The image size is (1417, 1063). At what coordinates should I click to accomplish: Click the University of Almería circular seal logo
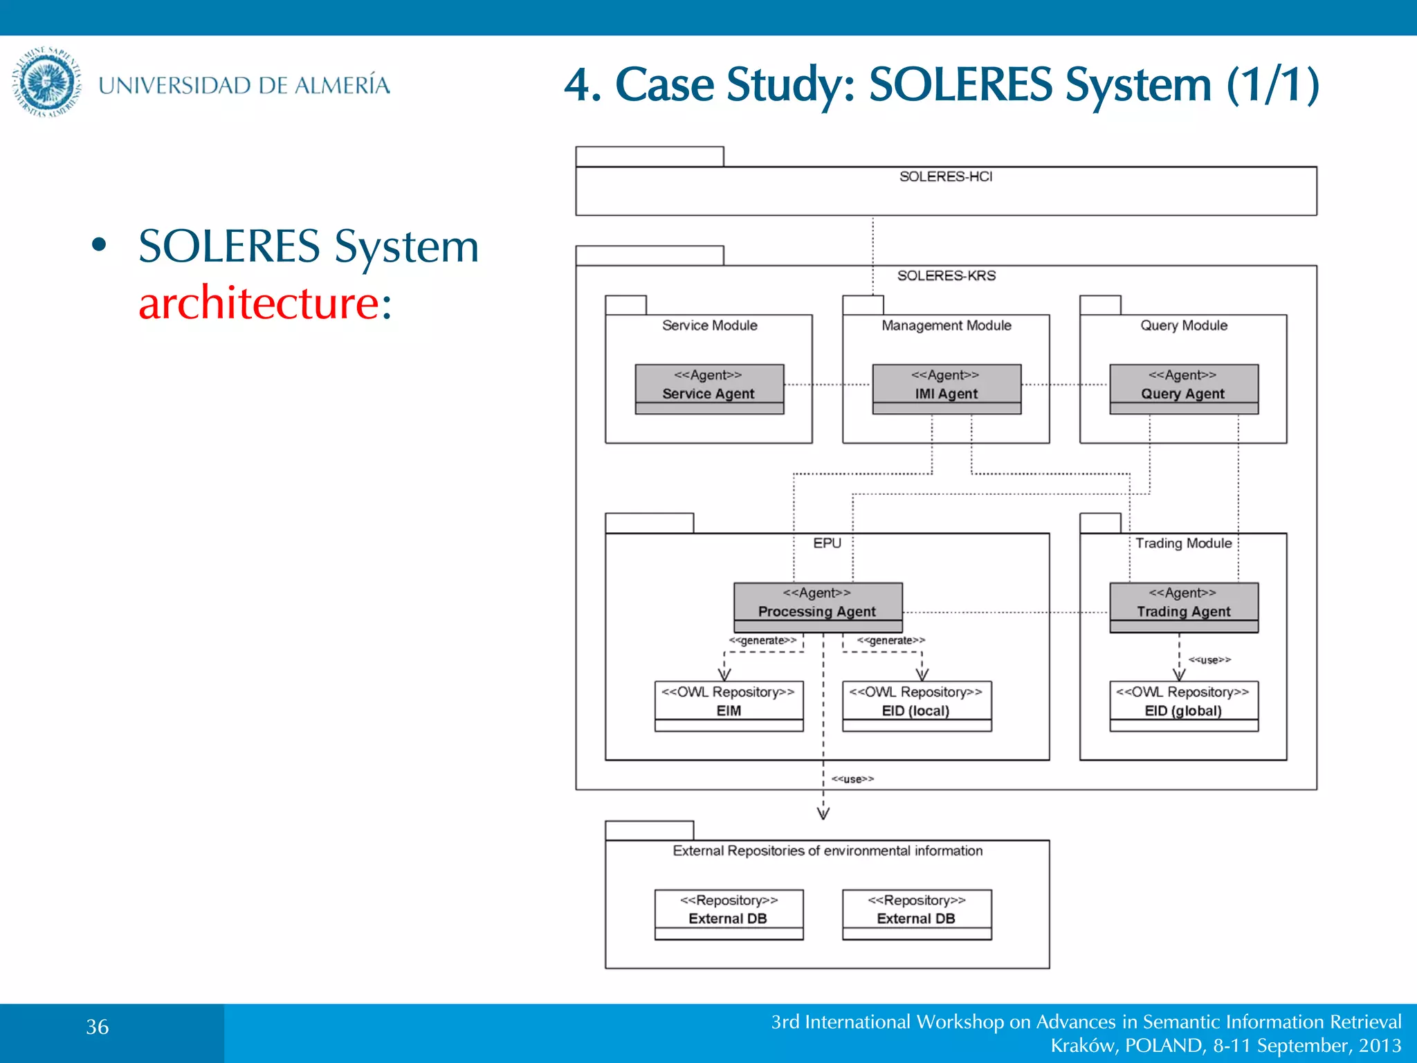(46, 82)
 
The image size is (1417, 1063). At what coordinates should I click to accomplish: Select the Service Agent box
(709, 389)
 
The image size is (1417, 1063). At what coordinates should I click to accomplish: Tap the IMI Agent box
(947, 389)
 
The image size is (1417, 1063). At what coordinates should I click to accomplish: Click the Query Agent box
(1184, 389)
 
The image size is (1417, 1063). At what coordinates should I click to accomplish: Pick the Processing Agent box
(818, 607)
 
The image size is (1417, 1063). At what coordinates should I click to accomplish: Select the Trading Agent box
(1184, 607)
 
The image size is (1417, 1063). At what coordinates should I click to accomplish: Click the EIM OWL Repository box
(729, 705)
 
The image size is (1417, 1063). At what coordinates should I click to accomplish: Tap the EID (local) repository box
(917, 705)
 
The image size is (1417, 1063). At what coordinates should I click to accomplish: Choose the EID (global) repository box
(1184, 705)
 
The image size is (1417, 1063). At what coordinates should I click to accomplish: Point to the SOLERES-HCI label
(946, 176)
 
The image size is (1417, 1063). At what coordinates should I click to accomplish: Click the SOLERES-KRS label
(946, 275)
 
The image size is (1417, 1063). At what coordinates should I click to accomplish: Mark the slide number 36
(97, 1027)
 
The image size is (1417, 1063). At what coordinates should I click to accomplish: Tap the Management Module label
(947, 325)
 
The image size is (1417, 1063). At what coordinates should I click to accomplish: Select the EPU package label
(827, 543)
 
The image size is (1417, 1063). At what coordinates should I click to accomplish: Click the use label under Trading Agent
(1209, 660)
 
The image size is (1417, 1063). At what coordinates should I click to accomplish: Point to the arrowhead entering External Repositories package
(823, 814)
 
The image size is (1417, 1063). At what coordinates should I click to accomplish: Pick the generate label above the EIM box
(762, 641)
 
